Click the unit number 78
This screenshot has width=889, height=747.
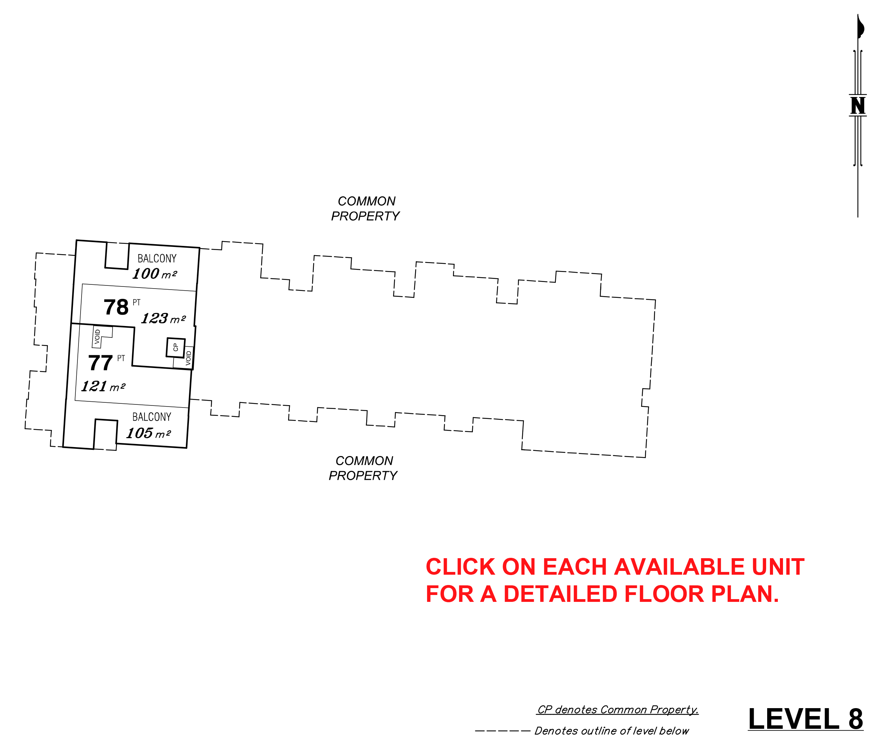(116, 307)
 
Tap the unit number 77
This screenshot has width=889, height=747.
(100, 363)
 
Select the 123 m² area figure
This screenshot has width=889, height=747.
(163, 318)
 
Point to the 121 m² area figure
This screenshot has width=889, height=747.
(103, 386)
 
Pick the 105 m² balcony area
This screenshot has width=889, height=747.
(149, 433)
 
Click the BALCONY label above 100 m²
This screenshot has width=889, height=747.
(157, 258)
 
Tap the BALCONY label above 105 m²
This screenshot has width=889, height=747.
(152, 417)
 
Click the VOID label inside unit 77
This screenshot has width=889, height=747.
(97, 337)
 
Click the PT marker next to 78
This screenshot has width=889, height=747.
(136, 302)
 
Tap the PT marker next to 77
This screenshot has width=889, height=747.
(121, 358)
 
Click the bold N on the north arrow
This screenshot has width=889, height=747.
(858, 106)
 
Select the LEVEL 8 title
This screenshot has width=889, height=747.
(805, 719)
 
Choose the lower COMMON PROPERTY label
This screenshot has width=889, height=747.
(363, 468)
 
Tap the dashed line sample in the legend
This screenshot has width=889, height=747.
(502, 731)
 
